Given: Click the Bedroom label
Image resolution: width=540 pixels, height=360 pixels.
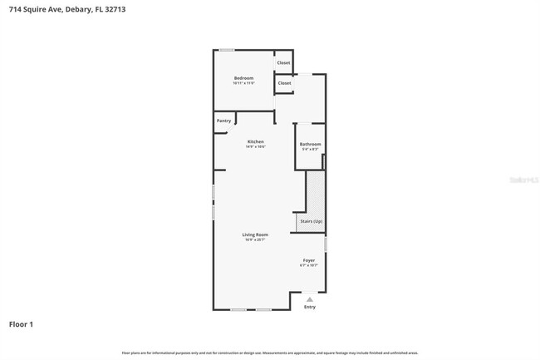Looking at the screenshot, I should click(243, 78).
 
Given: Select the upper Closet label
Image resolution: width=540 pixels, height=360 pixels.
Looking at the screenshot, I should click(284, 62).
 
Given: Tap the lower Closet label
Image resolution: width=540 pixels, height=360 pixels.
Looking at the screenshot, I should click(284, 83).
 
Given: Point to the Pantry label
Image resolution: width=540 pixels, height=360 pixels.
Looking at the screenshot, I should click(223, 121).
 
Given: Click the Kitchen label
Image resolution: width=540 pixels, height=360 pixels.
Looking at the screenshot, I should click(255, 141).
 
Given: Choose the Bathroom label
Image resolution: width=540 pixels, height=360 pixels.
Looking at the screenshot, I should click(310, 145).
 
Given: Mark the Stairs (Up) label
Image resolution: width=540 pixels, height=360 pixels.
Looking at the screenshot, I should click(311, 221).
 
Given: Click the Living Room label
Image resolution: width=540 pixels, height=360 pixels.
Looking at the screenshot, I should click(255, 234).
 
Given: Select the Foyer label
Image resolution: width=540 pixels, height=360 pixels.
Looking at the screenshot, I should click(308, 260).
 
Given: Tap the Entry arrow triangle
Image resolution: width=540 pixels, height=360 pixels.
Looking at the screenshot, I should click(310, 298).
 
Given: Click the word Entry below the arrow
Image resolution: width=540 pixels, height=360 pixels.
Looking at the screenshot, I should click(310, 307).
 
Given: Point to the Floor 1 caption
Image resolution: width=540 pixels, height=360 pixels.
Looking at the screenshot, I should click(21, 323).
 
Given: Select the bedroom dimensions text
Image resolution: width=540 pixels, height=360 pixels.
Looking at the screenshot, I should click(243, 83).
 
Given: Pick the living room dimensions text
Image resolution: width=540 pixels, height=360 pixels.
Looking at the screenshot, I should click(255, 239).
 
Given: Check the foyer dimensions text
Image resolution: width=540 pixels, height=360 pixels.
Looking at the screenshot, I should click(308, 265).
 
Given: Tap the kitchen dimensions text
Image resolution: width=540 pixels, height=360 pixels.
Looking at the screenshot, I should click(255, 146).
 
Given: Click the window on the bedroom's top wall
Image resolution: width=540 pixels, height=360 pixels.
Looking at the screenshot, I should click(226, 50).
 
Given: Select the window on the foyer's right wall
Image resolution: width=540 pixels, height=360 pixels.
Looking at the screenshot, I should click(326, 244).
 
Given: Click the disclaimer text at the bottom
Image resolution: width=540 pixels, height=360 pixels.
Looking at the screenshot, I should click(270, 353).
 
